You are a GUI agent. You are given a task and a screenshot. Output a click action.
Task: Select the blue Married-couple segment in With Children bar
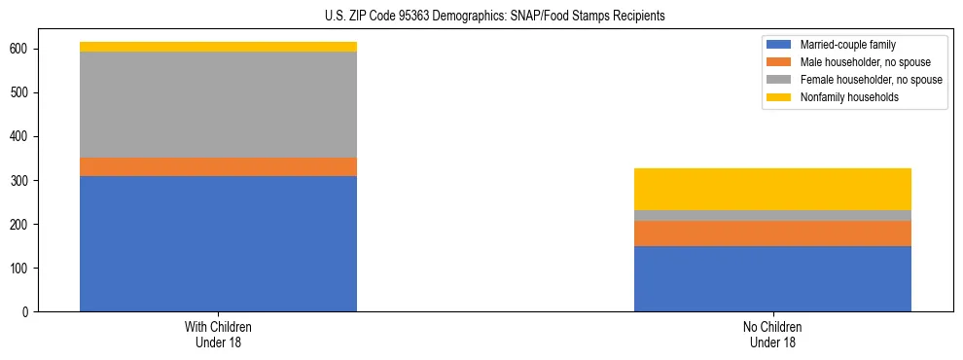point(218,243)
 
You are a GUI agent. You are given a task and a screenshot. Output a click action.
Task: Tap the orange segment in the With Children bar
point(218,166)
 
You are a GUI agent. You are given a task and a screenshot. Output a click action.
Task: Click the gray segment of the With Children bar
point(218,104)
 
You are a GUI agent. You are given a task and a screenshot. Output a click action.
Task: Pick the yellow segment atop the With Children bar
point(218,47)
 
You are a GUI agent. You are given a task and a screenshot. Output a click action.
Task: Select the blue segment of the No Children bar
point(772,278)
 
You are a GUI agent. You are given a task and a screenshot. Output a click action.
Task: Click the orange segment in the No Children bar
point(772,234)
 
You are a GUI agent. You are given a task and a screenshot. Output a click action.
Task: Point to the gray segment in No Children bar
point(772,215)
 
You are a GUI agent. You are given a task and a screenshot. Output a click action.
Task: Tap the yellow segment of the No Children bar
point(772,189)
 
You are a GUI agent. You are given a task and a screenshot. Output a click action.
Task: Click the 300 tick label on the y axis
point(20,181)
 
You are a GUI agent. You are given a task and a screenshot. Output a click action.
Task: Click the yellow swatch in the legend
point(779,97)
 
